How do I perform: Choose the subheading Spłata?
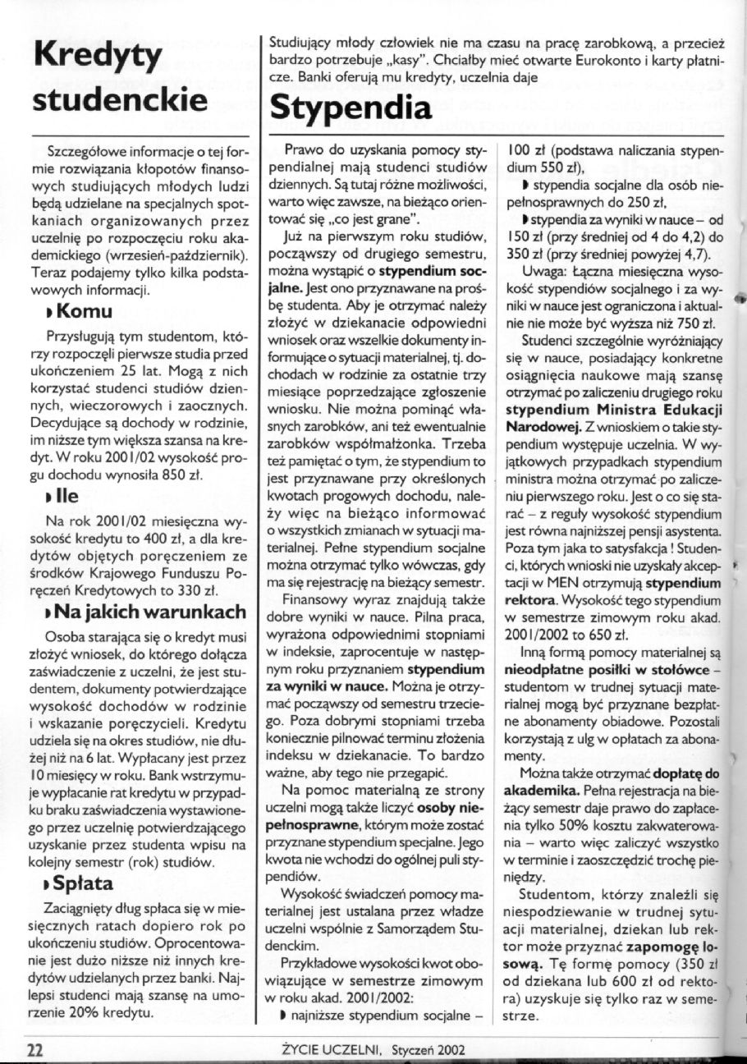89,884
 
